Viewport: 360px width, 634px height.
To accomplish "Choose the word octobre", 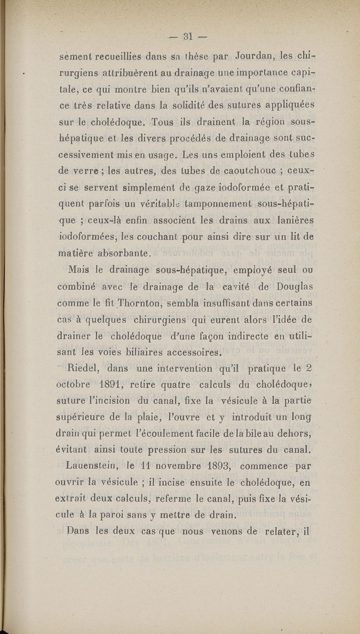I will click(x=77, y=385).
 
